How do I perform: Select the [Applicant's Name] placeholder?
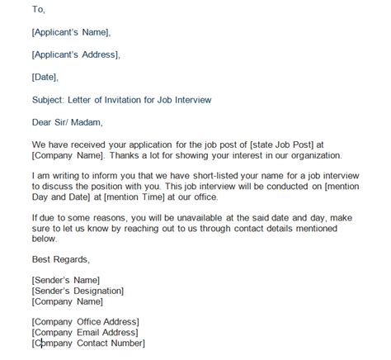pos(70,32)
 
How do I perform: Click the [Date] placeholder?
pos(45,77)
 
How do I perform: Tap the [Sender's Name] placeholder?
pos(65,281)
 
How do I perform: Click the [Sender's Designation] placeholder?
pos(78,291)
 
